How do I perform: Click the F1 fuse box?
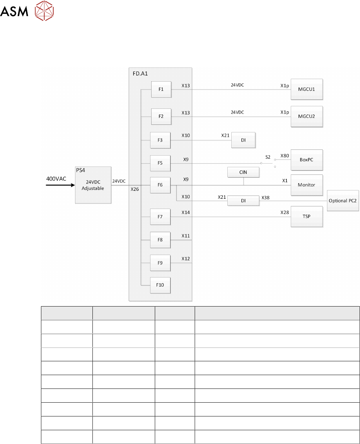pos(161,89)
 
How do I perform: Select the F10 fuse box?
pos(160,285)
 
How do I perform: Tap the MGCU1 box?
pos(306,89)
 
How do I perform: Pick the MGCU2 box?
pos(306,116)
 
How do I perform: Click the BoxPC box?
pos(306,160)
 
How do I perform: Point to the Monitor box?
pos(306,185)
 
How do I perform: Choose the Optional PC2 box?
pos(343,201)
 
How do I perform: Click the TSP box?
pos(306,217)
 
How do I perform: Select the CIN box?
pos(243,172)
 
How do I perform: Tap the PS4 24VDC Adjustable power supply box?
pos(92,185)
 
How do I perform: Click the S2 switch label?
pos(268,157)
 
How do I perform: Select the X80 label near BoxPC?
pos(285,156)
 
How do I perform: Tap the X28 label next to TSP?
pos(285,212)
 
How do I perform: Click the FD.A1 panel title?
pos(140,73)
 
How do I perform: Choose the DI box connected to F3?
pos(243,140)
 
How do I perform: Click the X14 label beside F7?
pos(186,212)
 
